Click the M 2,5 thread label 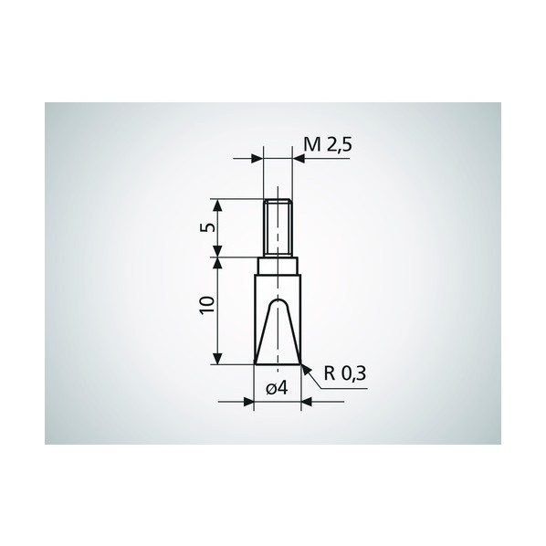(328, 144)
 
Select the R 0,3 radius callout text (345, 373)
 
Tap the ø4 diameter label (278, 388)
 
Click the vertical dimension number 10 (207, 305)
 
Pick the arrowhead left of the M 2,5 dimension (257, 159)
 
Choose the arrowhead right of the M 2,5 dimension (299, 159)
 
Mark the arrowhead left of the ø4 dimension (248, 402)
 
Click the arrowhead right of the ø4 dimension (307, 402)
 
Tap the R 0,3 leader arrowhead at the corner (305, 369)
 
